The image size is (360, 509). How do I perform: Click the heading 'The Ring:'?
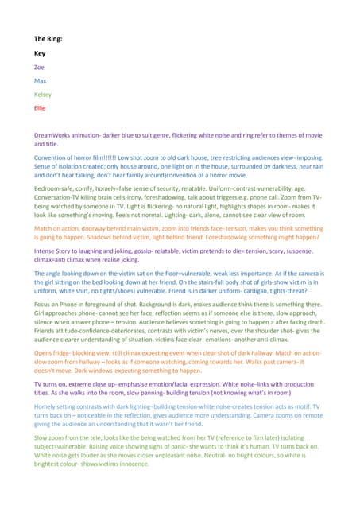coord(45,38)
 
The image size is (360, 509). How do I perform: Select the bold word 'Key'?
coord(39,53)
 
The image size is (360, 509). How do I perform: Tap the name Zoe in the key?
coord(39,68)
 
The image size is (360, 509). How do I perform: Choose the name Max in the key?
coord(40,81)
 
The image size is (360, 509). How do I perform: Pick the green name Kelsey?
coord(42,95)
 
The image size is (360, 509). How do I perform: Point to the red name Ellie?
coord(40,107)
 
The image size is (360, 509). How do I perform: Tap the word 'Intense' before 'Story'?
coord(45,249)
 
